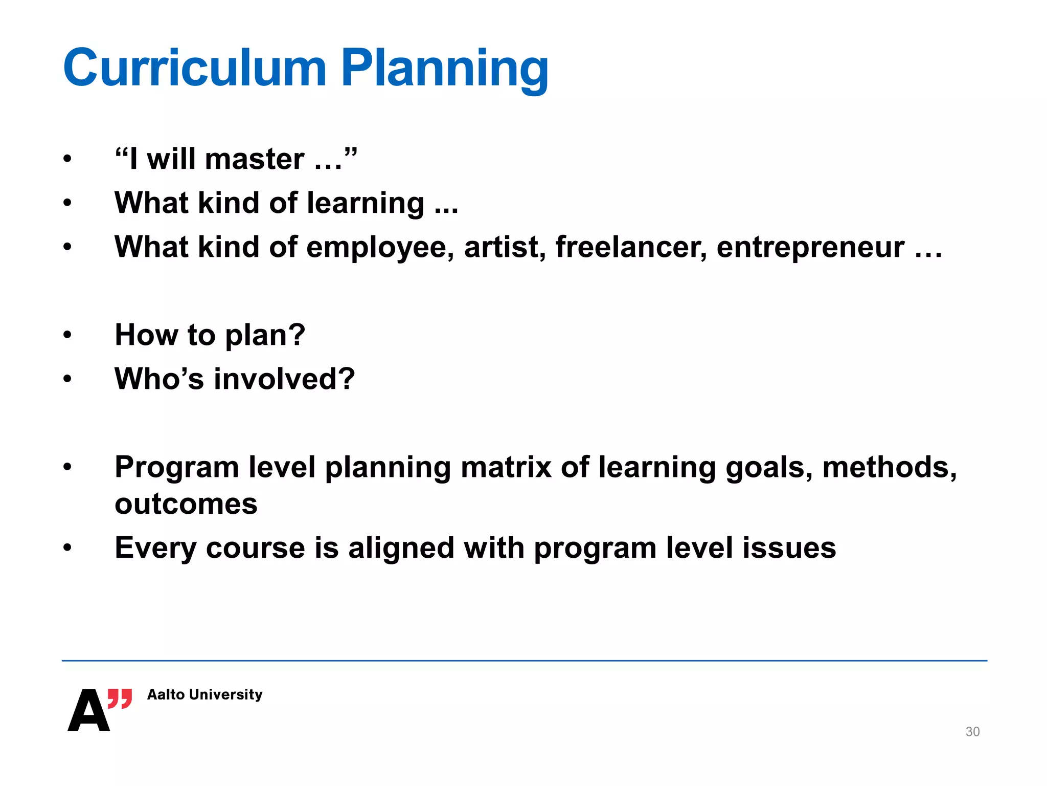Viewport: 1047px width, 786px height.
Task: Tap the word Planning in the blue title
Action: [x=445, y=69]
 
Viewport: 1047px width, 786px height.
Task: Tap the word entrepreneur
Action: [x=810, y=248]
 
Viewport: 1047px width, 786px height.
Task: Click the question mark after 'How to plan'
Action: [x=297, y=335]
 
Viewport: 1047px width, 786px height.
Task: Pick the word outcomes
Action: [x=186, y=505]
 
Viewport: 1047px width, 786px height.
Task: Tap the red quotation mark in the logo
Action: [x=120, y=698]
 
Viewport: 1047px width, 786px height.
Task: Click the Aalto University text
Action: [x=204, y=694]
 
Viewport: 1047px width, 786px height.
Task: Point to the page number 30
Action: [x=972, y=732]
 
